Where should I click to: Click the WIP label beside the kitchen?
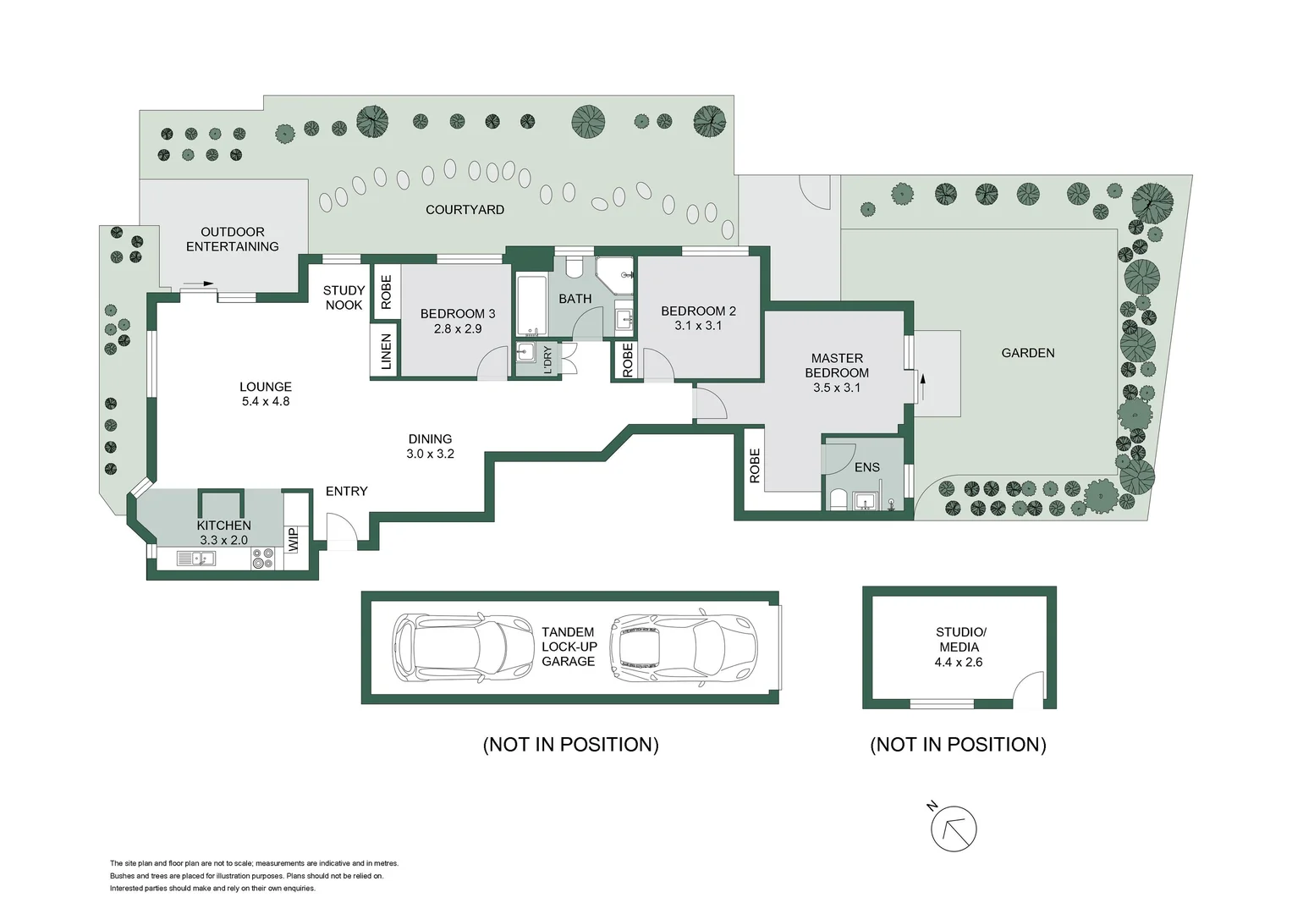click(293, 540)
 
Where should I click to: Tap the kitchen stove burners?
click(263, 559)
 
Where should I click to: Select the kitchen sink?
click(196, 559)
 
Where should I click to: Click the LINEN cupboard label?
click(386, 351)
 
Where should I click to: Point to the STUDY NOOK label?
click(344, 298)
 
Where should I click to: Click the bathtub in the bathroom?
click(532, 306)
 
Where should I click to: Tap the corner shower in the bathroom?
click(615, 275)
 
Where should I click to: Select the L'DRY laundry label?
click(547, 360)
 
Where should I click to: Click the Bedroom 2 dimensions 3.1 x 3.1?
click(698, 326)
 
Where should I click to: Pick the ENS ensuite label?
click(867, 467)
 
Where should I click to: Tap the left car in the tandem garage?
click(462, 647)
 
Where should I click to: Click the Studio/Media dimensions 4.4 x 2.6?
click(959, 663)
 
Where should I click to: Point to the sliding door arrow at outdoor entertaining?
click(199, 284)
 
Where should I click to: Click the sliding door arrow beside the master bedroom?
click(923, 387)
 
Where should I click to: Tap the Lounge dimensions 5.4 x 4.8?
click(266, 401)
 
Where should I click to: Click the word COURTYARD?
click(465, 210)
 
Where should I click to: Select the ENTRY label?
click(347, 491)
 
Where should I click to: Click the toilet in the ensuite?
click(838, 499)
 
